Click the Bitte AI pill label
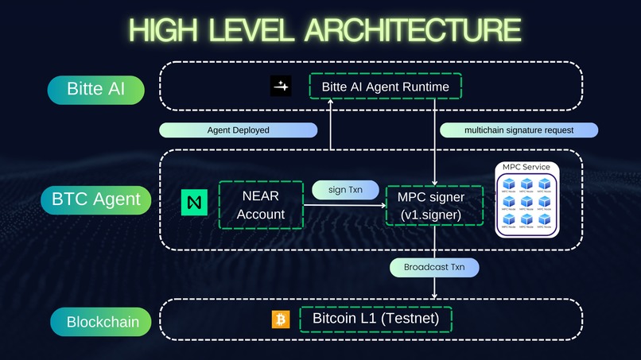(x=95, y=88)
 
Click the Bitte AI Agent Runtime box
(x=385, y=87)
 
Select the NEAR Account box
(x=260, y=204)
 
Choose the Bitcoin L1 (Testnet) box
(x=375, y=319)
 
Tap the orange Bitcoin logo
(x=279, y=319)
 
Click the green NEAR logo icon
(x=194, y=203)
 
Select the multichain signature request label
(x=518, y=130)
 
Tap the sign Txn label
(x=344, y=189)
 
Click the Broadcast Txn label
(x=434, y=267)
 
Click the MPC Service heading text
(x=527, y=167)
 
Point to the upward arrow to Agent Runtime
(x=331, y=127)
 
